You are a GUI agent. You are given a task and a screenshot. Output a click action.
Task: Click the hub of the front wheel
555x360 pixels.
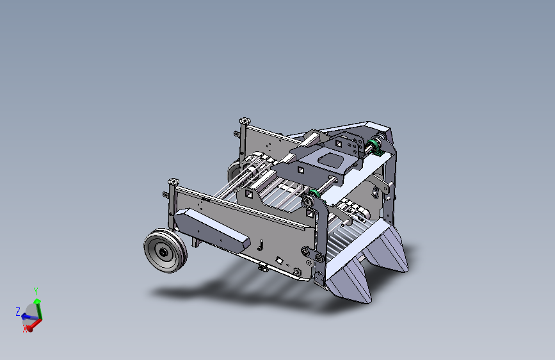163,252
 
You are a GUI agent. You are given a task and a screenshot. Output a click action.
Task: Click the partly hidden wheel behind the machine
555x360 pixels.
234,171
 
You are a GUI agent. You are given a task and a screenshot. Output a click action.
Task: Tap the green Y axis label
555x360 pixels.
36,291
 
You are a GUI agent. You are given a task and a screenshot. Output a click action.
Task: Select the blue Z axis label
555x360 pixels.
18,312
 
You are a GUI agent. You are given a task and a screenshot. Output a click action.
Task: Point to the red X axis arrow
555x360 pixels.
35,325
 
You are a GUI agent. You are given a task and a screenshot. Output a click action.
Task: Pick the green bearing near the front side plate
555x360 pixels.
312,196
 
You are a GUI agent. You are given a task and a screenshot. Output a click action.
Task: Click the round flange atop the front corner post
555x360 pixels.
173,181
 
